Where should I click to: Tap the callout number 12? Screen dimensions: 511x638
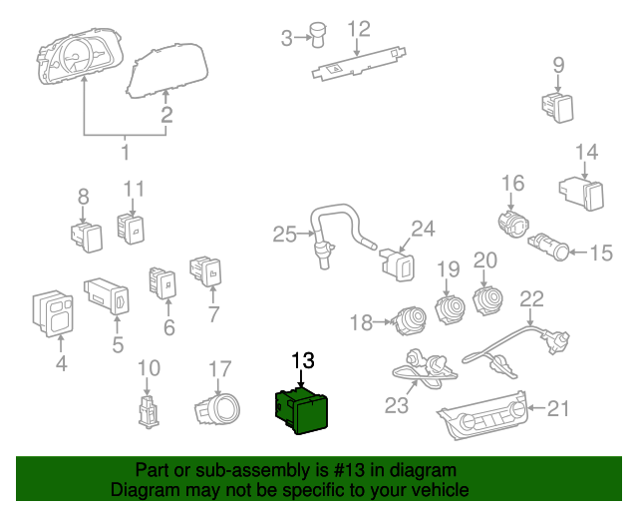tap(358, 29)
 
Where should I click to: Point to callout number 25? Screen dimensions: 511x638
tap(285, 235)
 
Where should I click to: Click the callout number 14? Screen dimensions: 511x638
tap(587, 152)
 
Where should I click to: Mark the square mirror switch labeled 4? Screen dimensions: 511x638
tap(50, 311)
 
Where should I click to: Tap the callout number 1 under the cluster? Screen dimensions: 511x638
tap(126, 153)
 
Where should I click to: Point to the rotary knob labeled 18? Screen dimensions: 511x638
tap(408, 320)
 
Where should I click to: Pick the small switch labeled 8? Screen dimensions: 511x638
tap(86, 235)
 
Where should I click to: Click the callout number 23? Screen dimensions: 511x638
tap(398, 405)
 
